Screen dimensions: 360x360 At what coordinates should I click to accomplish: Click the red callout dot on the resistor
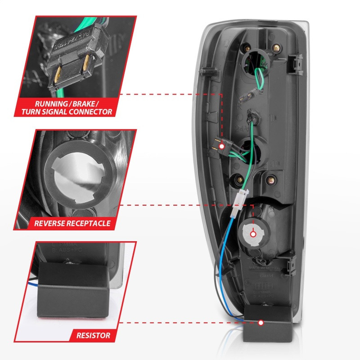tap(261, 323)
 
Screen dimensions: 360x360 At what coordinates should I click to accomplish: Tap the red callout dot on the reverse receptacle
tap(253, 234)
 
